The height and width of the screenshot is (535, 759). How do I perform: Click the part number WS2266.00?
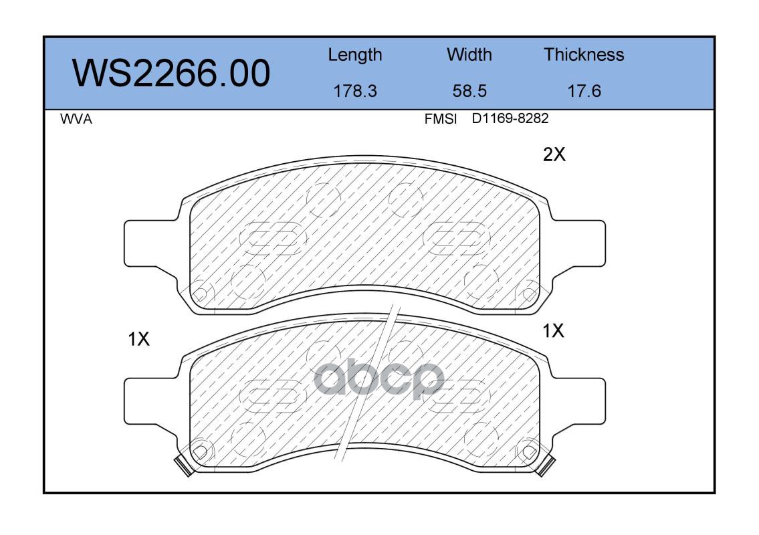(171, 73)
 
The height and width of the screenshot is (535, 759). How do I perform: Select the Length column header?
(355, 56)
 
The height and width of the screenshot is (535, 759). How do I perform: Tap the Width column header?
(469, 55)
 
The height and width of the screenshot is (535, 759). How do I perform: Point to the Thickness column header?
(584, 55)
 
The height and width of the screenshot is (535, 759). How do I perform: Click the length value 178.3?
(355, 91)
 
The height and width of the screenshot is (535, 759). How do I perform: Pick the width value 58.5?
(469, 91)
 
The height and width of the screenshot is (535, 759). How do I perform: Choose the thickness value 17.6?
(584, 91)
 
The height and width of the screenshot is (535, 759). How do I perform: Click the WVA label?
(76, 119)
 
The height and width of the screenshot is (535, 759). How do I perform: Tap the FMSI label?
(441, 119)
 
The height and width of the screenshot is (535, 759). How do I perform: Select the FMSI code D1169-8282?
(510, 118)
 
